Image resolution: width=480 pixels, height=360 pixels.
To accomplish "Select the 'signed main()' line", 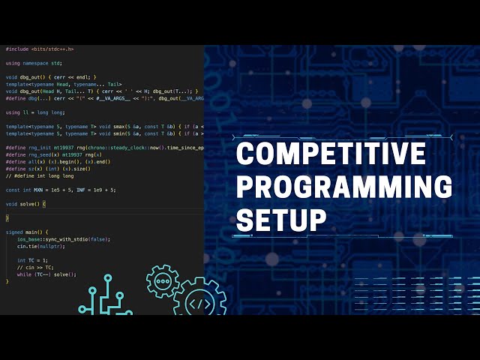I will click(26, 232).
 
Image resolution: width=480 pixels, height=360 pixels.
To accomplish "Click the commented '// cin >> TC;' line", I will click(34, 267).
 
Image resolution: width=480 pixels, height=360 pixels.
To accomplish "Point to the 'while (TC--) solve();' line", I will click(46, 274).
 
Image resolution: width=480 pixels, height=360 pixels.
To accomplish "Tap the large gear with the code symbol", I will click(199, 304).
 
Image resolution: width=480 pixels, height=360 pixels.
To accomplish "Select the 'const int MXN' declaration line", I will click(60, 190).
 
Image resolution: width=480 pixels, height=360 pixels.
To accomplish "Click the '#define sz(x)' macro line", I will click(48, 169).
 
